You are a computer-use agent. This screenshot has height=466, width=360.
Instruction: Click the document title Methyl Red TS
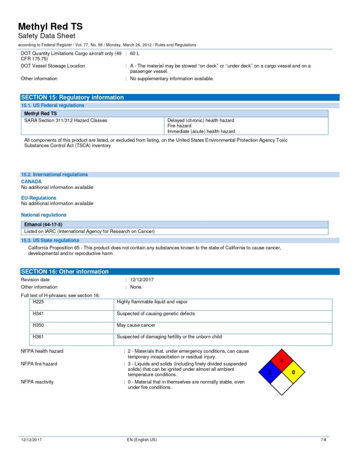[50, 26]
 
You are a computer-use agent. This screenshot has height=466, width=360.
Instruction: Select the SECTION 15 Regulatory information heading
[72, 97]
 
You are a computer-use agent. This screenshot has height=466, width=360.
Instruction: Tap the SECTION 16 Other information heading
[65, 272]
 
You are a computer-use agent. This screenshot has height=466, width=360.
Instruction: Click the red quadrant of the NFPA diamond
[282, 360]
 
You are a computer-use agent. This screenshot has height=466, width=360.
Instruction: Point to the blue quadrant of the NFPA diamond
[270, 372]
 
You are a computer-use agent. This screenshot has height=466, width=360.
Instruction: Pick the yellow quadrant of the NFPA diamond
[294, 372]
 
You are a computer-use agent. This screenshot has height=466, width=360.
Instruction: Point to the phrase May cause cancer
[136, 325]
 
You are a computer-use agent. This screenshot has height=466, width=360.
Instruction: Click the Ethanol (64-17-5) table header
[43, 225]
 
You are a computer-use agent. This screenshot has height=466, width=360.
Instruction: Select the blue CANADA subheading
[31, 182]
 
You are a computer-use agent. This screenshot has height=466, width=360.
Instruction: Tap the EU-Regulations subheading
[39, 198]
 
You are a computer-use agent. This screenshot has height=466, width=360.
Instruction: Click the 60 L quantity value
[135, 54]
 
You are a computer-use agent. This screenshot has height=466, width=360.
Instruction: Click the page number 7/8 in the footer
[324, 440]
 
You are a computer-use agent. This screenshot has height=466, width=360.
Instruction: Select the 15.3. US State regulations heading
[50, 240]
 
